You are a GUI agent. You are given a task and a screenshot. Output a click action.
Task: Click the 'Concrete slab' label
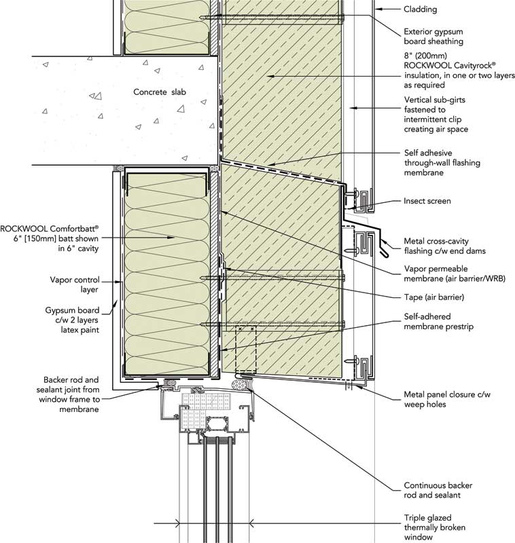[x=159, y=92]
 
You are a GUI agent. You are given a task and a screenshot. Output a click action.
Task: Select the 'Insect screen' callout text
[x=427, y=201]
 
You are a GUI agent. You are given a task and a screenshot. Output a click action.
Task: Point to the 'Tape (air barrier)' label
[x=434, y=297]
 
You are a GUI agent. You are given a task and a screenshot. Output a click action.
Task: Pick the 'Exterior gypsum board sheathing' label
[x=433, y=36]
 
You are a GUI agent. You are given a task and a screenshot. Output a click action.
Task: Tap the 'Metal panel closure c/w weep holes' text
[x=442, y=399]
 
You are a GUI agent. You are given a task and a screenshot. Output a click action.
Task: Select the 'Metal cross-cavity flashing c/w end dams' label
[x=446, y=246]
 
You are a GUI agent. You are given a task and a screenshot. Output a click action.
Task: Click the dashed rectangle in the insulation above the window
[x=245, y=350]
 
